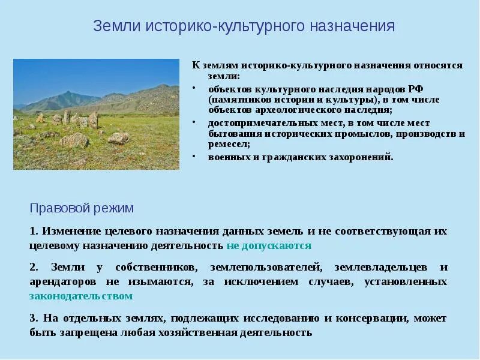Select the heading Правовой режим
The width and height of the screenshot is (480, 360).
(82, 208)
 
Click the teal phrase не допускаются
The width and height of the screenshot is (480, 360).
(269, 245)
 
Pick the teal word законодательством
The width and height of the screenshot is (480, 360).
(80, 296)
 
